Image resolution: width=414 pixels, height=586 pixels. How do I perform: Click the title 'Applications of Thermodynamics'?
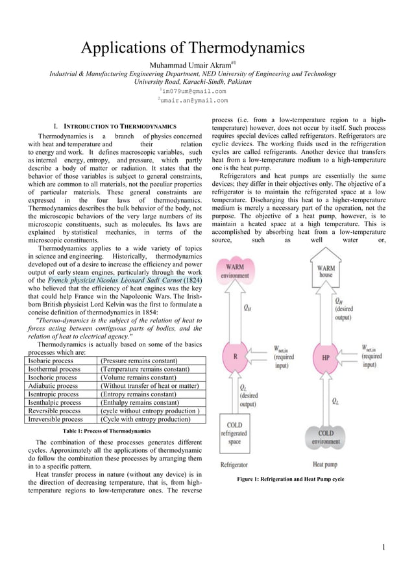(192, 48)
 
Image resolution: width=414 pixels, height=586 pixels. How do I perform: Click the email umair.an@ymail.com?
(193, 101)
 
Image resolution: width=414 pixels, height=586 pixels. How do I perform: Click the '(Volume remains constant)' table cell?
(140, 377)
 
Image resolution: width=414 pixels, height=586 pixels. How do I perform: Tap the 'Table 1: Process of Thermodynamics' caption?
(106, 431)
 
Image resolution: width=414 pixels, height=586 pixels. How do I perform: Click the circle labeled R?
(235, 357)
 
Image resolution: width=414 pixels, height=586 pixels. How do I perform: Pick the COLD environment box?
(326, 437)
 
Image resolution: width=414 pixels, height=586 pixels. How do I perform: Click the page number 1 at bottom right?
(384, 546)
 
